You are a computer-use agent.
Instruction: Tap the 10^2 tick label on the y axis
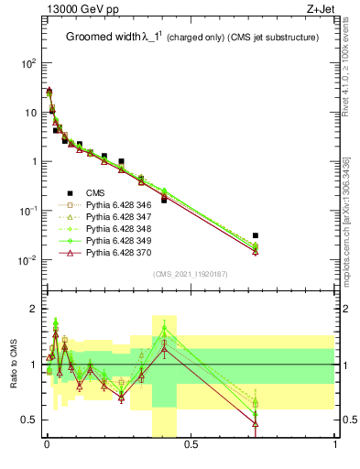click(x=28, y=63)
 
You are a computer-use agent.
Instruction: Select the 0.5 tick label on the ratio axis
click(x=28, y=420)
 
